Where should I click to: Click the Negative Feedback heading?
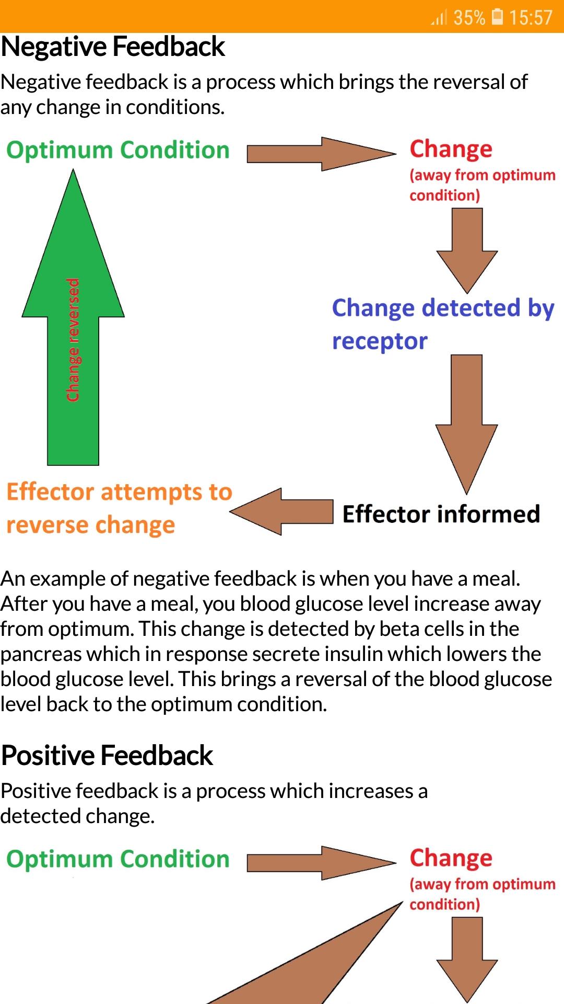point(113,47)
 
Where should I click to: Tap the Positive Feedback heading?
point(107,756)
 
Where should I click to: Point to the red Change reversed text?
point(73,340)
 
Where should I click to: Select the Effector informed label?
point(441,514)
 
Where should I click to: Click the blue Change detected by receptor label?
point(442,324)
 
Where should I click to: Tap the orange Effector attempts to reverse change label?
point(119,508)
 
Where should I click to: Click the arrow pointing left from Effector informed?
point(282,511)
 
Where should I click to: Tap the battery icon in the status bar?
point(498,17)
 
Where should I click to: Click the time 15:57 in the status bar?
point(531,18)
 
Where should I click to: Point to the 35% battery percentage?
point(469,18)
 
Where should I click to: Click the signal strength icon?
point(439,18)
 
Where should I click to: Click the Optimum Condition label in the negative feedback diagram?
point(118,150)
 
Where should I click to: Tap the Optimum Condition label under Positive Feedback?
point(118,859)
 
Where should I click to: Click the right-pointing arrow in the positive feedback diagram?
point(321,863)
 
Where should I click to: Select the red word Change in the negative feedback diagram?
point(451,149)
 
